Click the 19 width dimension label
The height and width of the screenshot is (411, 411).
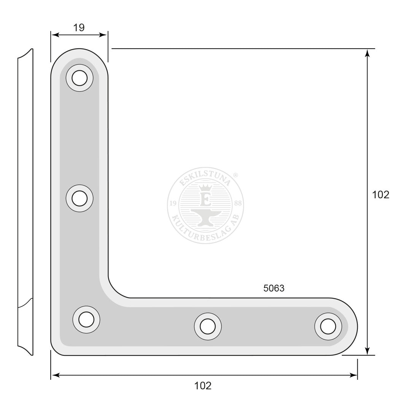pos(79,27)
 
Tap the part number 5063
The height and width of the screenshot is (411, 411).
pos(274,288)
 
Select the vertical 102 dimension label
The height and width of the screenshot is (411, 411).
pos(381,194)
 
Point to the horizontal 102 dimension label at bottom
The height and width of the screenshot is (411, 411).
pos(202,386)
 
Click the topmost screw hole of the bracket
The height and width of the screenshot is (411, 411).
pos(80,78)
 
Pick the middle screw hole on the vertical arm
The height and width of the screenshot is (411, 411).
pos(80,198)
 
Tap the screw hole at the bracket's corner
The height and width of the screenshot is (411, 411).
pos(86,320)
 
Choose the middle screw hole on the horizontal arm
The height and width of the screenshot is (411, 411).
pos(208,327)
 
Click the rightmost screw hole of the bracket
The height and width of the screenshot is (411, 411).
pos(328,327)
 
